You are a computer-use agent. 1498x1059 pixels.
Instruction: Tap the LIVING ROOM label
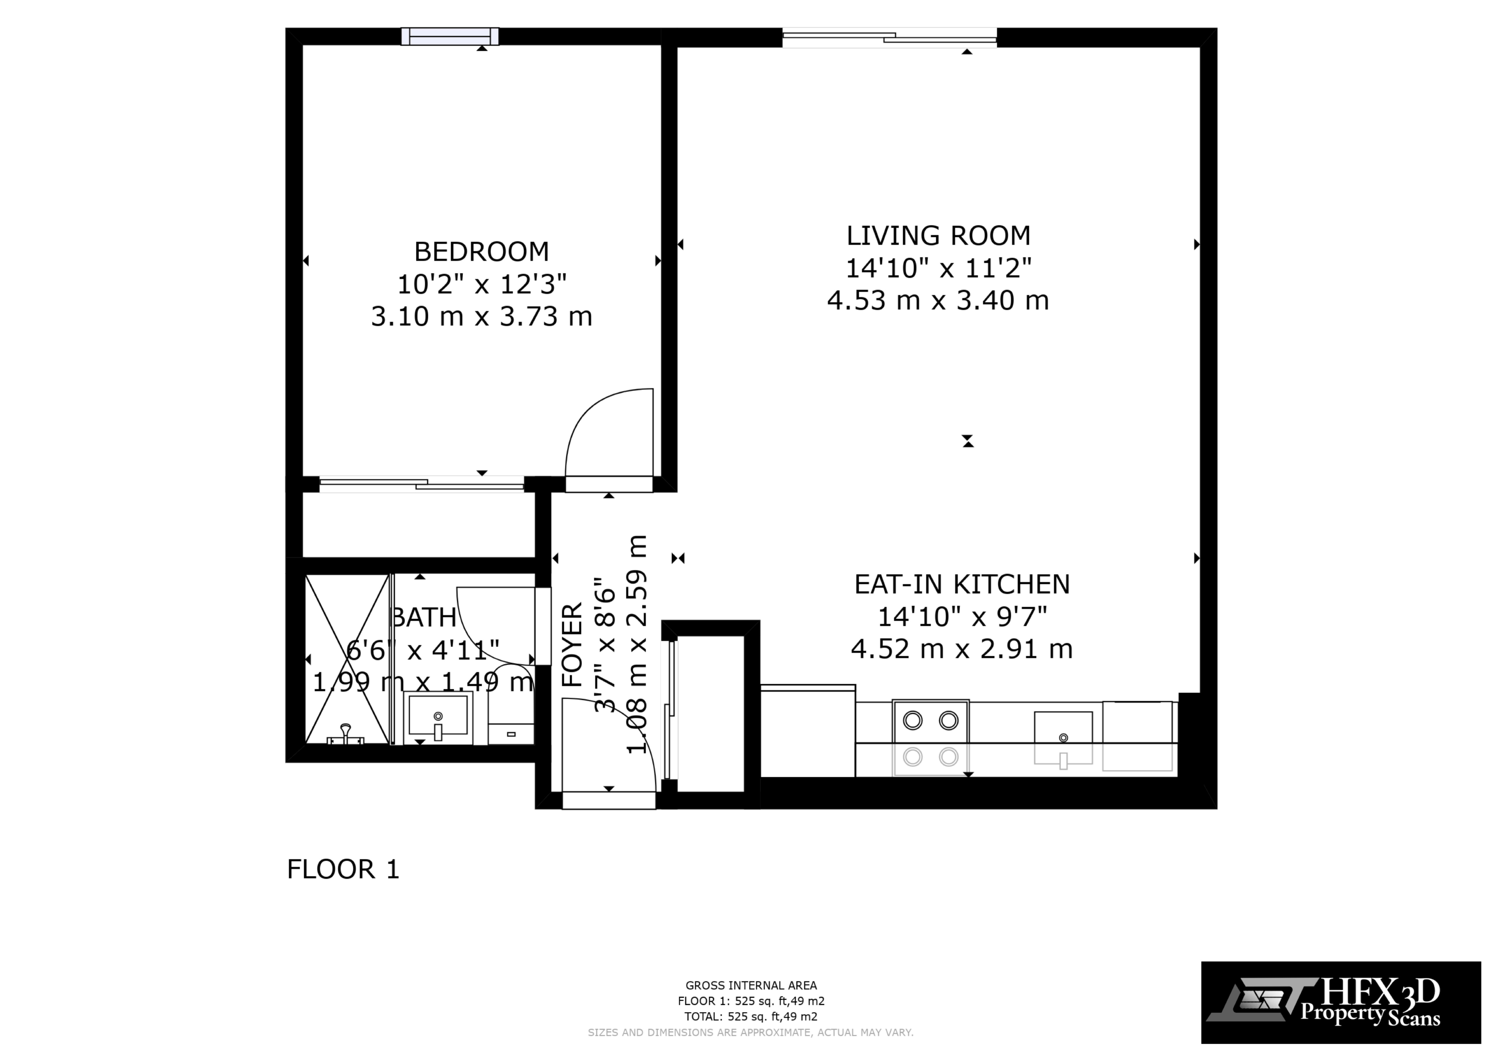point(938,235)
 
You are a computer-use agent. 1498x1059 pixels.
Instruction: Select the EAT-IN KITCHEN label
point(962,584)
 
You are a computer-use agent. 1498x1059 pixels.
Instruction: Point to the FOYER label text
point(572,645)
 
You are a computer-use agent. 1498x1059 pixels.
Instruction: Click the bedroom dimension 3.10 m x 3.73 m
point(482,317)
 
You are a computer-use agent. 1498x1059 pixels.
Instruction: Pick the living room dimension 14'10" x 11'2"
point(938,268)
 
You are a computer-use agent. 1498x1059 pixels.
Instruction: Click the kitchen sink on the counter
point(1063,737)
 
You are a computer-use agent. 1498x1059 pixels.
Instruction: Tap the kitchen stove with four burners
point(930,737)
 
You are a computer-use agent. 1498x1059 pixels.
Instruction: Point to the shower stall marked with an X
point(347,659)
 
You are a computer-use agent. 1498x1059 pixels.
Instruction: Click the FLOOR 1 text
point(343,869)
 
